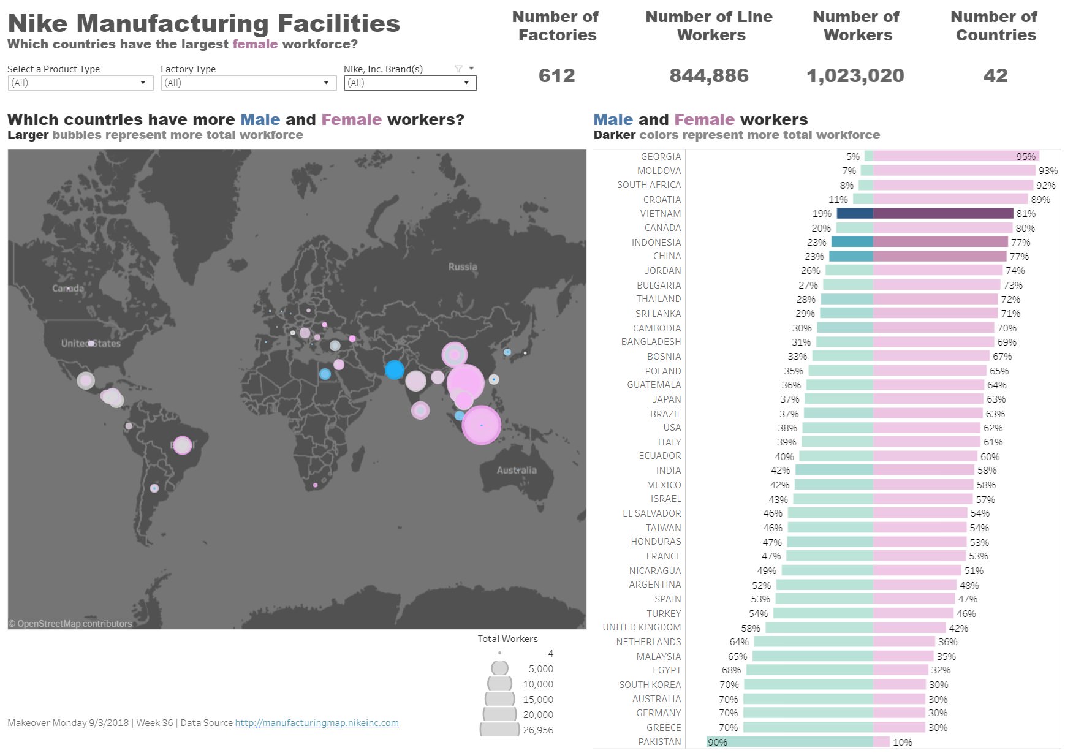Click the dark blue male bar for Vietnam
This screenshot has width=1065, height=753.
click(854, 213)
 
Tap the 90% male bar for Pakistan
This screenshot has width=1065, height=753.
click(789, 742)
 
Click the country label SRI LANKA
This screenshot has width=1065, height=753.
click(658, 313)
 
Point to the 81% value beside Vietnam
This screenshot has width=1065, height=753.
click(1025, 214)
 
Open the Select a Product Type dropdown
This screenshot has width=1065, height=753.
click(80, 83)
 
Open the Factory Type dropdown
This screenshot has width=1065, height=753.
click(248, 83)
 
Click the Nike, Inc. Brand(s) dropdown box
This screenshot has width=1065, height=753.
click(409, 83)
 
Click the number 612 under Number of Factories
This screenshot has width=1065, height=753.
click(556, 76)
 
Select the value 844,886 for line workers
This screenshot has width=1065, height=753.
click(708, 76)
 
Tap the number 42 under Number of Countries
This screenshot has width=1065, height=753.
click(995, 76)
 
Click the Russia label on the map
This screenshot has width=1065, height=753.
click(462, 267)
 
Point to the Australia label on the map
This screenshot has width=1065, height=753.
click(516, 470)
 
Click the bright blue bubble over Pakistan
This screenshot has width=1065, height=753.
click(394, 369)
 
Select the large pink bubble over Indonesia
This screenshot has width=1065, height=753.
click(481, 425)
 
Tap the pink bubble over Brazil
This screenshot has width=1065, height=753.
click(182, 445)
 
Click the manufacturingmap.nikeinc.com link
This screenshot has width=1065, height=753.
click(316, 723)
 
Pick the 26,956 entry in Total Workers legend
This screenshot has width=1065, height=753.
click(537, 730)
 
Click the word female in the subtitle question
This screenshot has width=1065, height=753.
click(255, 44)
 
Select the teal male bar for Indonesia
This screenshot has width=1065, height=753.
click(852, 242)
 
